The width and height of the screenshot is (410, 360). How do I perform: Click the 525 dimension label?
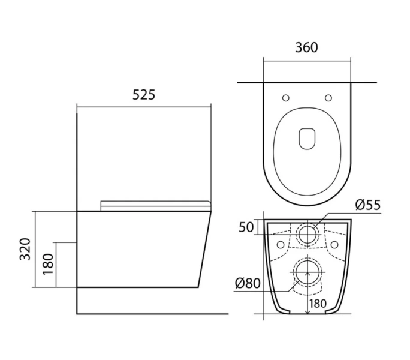click(x=144, y=95)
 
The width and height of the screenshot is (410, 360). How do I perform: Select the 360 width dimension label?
click(x=306, y=47)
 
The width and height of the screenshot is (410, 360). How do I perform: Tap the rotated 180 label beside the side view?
click(x=48, y=263)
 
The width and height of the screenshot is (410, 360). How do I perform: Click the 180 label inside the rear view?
click(x=319, y=304)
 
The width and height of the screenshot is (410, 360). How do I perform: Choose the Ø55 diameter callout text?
click(x=367, y=205)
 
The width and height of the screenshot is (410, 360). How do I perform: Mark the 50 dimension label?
click(x=245, y=227)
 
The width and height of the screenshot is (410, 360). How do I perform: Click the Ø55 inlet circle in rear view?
click(x=307, y=234)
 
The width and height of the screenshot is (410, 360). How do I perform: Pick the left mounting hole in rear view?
click(x=281, y=244)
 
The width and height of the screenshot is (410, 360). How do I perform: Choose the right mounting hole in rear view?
click(x=334, y=244)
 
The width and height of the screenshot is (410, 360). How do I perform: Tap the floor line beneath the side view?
click(x=153, y=313)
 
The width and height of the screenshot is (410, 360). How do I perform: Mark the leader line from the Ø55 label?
click(x=336, y=215)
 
